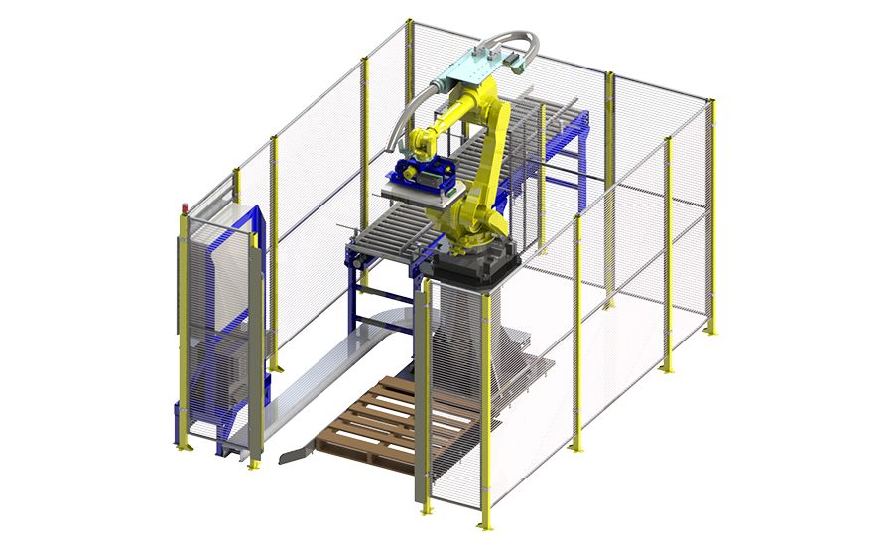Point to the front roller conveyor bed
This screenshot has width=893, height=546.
(x=397, y=234)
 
